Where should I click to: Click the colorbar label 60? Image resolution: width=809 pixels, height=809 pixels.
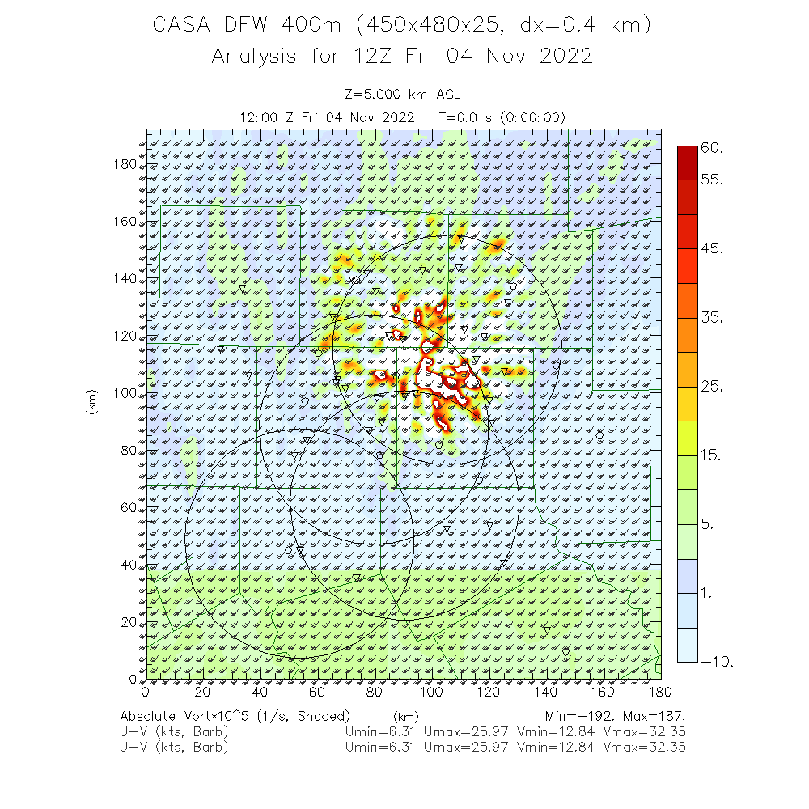712,149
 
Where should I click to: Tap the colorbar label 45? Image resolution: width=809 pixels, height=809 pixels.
712,248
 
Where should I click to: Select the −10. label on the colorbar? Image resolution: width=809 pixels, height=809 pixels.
717,663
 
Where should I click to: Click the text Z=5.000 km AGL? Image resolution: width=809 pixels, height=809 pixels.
402,95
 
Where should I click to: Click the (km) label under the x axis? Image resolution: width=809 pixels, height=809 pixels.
405,717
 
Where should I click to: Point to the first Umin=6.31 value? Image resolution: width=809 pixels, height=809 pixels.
380,732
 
